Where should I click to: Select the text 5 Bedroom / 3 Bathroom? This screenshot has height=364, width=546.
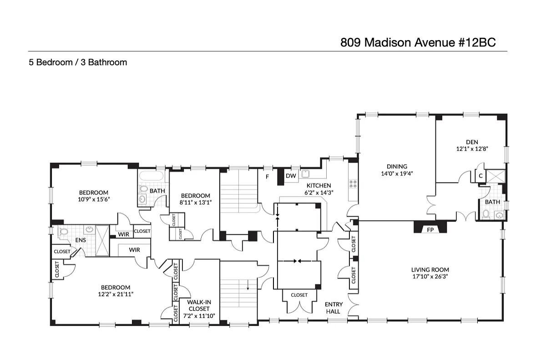point(78,62)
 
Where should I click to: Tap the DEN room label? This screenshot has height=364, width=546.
point(472,142)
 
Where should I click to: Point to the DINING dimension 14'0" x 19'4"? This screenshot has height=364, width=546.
point(397,173)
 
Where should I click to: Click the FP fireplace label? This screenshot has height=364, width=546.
point(430,230)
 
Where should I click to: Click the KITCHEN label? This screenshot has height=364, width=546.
point(318,185)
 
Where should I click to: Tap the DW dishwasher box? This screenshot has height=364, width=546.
point(291,176)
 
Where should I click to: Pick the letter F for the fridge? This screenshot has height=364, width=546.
point(267,175)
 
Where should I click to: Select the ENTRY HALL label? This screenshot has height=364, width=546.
point(334,308)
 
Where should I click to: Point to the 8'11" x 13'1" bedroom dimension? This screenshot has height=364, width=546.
point(195,202)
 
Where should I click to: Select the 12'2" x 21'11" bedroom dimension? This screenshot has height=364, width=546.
point(116,294)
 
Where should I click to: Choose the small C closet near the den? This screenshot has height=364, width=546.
point(480,176)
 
